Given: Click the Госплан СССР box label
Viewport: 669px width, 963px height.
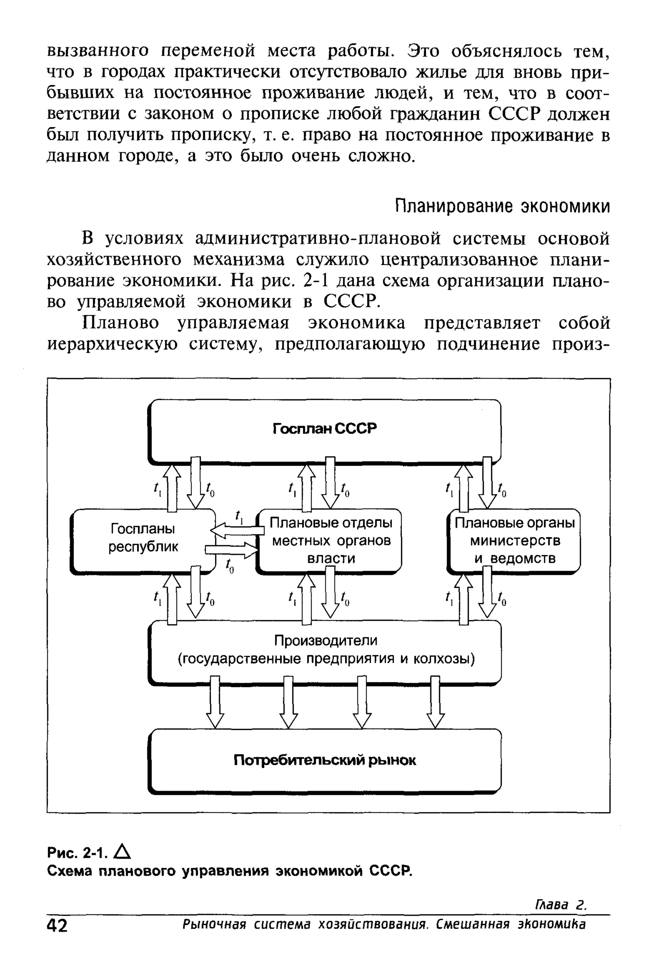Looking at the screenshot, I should point(325,428).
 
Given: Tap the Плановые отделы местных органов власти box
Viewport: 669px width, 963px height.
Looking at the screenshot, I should point(331,540).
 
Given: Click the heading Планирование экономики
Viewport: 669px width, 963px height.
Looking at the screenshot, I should point(503,206).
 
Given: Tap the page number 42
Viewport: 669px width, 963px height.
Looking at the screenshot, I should point(57,926).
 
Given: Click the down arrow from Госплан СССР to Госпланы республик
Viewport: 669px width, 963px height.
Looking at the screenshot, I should point(195,482).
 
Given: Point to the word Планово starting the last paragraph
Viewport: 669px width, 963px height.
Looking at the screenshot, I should point(122,323).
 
